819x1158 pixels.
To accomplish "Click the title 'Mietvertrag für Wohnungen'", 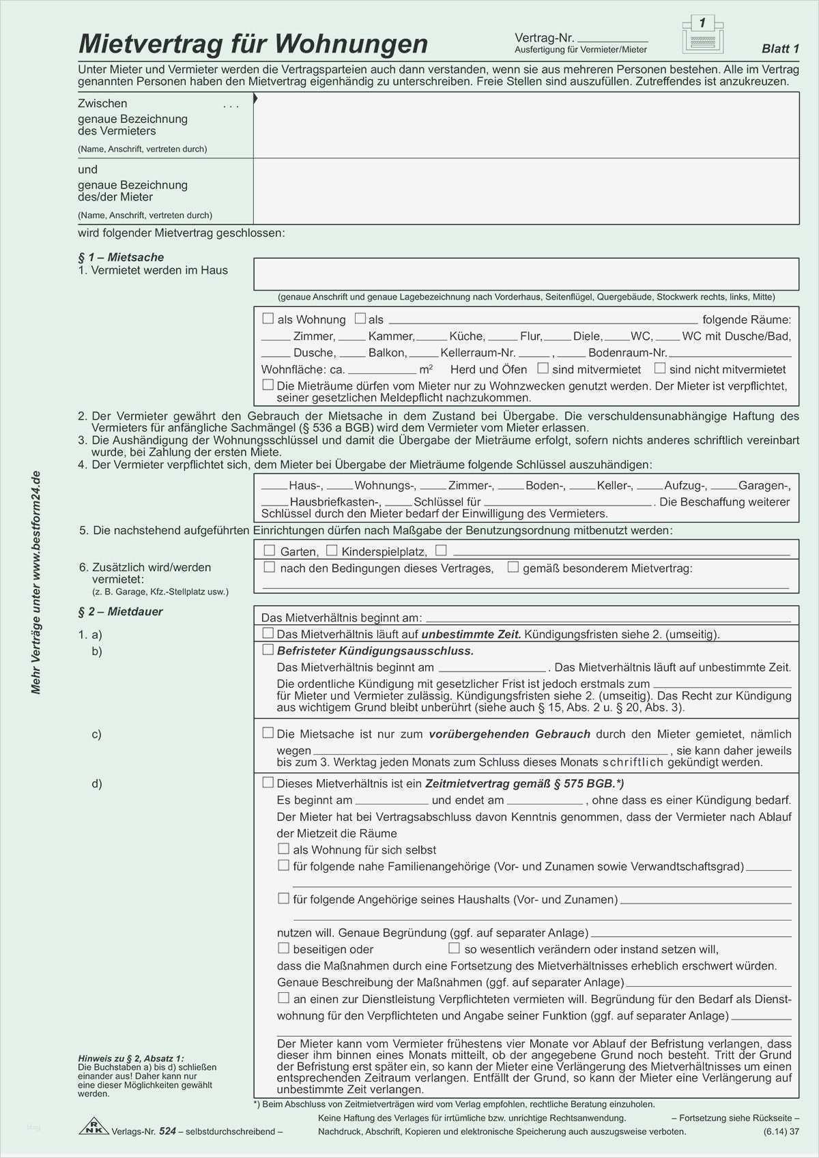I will (253, 44).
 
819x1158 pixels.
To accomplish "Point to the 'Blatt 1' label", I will (780, 48).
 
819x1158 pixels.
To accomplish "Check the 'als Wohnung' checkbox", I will (268, 319).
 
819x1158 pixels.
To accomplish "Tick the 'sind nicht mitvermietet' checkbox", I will (660, 368).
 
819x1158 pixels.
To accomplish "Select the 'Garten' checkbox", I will (269, 550).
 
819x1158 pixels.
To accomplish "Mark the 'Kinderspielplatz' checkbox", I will (332, 550).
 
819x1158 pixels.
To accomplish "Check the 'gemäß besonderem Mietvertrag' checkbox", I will (513, 567).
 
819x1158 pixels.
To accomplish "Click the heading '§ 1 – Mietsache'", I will (121, 257).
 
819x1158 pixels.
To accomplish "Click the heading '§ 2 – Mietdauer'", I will (121, 611).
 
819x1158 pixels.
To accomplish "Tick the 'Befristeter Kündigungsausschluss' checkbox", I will (268, 650).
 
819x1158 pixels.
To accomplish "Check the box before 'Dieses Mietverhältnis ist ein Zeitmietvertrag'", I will (268, 783).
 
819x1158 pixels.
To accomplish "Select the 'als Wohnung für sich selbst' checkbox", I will (284, 849).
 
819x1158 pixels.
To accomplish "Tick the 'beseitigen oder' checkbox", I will (284, 948).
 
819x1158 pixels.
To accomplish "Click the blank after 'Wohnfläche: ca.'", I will (382, 370).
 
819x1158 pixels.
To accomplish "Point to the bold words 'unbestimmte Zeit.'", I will (471, 634).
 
